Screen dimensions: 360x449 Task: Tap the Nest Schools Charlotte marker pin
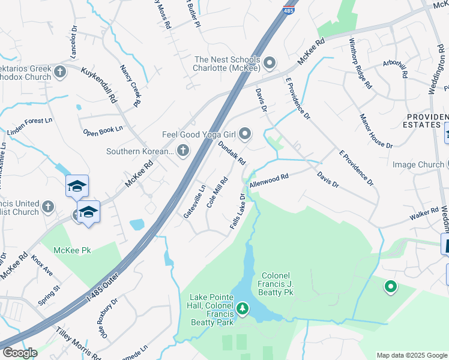click(x=270, y=62)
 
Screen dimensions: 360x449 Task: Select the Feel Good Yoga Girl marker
click(x=244, y=133)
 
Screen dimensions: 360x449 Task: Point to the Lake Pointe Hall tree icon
click(x=243, y=309)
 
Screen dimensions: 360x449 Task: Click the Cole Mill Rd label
click(x=217, y=192)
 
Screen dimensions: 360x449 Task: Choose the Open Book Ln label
click(x=103, y=129)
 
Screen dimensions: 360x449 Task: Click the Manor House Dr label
click(x=376, y=131)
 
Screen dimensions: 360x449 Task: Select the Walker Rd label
click(x=425, y=212)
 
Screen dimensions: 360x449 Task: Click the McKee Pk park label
click(x=72, y=250)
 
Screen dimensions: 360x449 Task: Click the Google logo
click(x=19, y=353)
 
